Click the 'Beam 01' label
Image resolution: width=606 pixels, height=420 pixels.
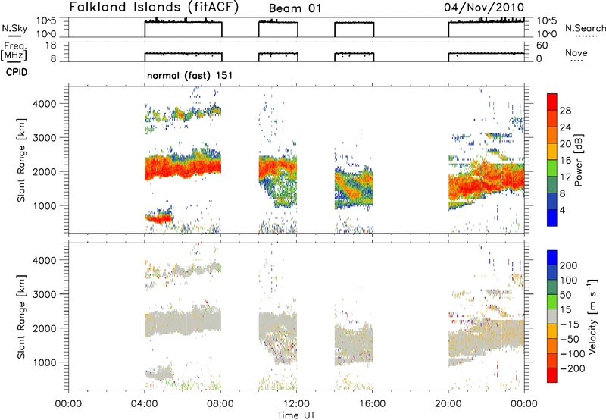coord(298,8)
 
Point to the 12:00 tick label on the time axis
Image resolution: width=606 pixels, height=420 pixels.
coord(297,401)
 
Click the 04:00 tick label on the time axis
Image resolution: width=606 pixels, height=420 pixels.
coord(145,401)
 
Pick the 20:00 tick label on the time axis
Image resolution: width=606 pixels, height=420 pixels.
coord(449,401)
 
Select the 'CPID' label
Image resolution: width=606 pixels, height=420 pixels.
coord(18,74)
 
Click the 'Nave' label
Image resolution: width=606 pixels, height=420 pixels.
coord(576,52)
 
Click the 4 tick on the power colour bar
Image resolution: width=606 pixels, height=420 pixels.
coord(564,210)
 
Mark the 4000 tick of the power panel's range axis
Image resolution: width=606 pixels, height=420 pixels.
coord(51,103)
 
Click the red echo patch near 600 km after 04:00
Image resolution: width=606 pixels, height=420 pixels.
coord(159,218)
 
